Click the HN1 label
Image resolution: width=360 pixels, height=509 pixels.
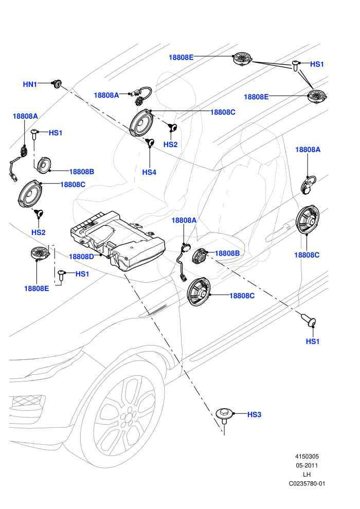(x=29, y=84)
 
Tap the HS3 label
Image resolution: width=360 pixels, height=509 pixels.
(x=254, y=414)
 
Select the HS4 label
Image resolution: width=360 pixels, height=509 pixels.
(x=149, y=172)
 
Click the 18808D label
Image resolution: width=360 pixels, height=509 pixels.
(x=81, y=257)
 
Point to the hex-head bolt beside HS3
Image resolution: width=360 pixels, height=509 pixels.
(x=224, y=415)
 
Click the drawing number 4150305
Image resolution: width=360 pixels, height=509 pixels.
(x=307, y=457)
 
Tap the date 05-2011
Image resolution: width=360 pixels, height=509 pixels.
(x=307, y=465)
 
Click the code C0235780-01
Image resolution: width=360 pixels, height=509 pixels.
(x=307, y=484)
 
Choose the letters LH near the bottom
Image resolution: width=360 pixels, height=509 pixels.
(x=307, y=475)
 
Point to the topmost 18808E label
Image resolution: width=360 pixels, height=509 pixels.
(x=181, y=58)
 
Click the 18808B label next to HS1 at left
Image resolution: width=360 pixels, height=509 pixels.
(x=81, y=172)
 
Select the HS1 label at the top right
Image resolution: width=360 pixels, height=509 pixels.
(x=317, y=64)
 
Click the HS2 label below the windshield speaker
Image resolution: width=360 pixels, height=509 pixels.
(x=170, y=144)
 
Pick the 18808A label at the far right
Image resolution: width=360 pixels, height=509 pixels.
(x=308, y=150)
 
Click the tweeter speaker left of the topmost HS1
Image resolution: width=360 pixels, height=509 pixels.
(x=243, y=60)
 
